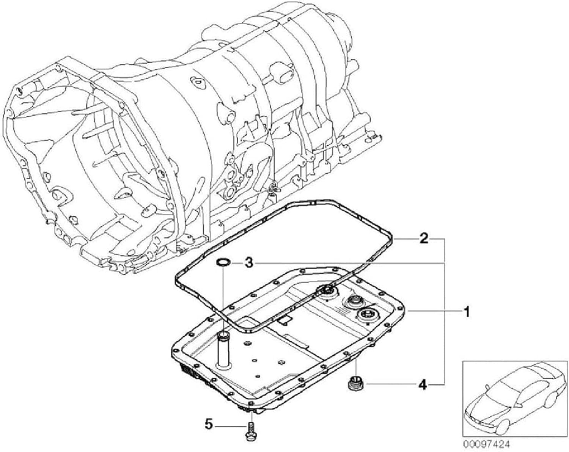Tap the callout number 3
pos(248,262)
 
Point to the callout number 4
pos(423,385)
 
